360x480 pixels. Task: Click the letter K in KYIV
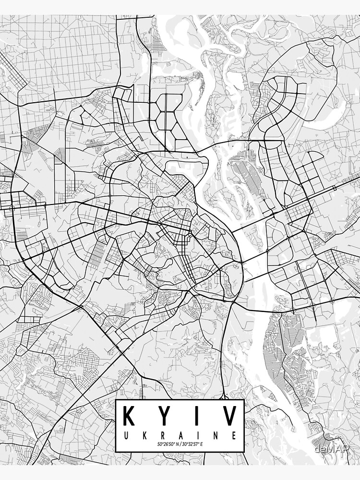click(x=131, y=416)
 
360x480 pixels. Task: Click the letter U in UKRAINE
click(x=126, y=436)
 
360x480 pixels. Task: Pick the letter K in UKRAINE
click(x=144, y=436)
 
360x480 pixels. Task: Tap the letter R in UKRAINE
click(x=162, y=436)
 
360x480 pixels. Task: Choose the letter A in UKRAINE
click(x=180, y=436)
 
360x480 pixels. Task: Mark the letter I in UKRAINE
click(x=198, y=436)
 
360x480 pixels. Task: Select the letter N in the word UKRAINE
click(x=216, y=436)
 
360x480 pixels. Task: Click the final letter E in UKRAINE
click(x=234, y=436)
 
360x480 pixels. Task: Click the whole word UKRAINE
click(x=180, y=436)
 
